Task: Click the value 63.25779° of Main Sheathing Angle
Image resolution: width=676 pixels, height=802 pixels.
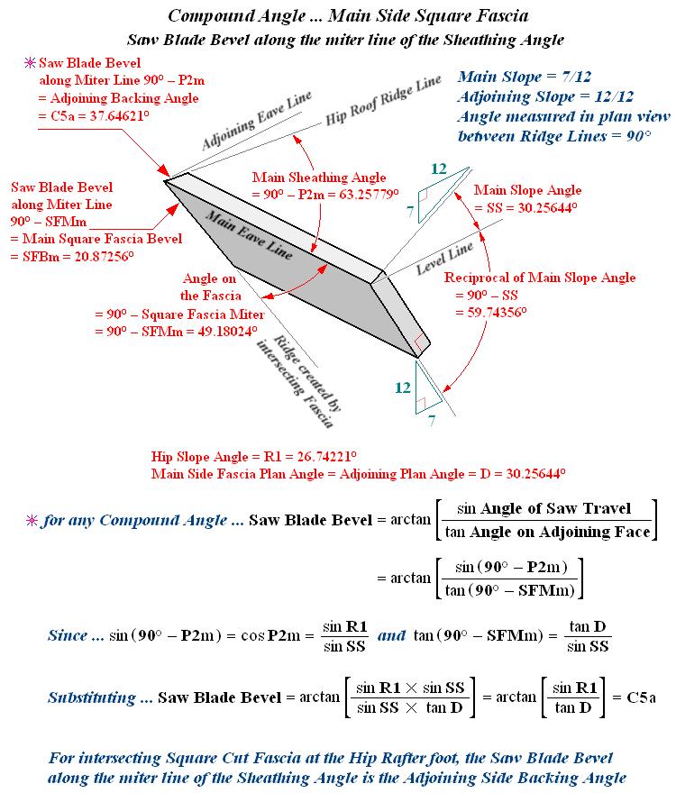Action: coord(367,193)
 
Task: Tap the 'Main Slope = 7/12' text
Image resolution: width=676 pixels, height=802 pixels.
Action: coord(512,78)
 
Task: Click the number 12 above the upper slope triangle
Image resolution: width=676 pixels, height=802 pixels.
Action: coord(439,169)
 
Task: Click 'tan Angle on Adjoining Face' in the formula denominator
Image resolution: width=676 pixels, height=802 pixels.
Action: coord(548,532)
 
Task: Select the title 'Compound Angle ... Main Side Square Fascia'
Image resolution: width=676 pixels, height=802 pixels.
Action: coord(348,17)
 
